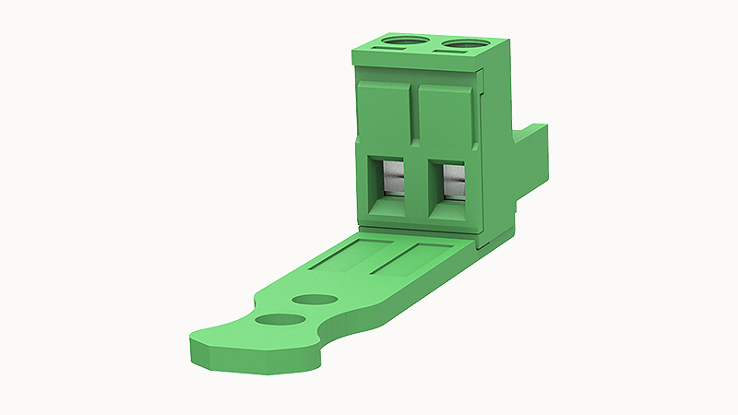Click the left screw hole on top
[x=405, y=41]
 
